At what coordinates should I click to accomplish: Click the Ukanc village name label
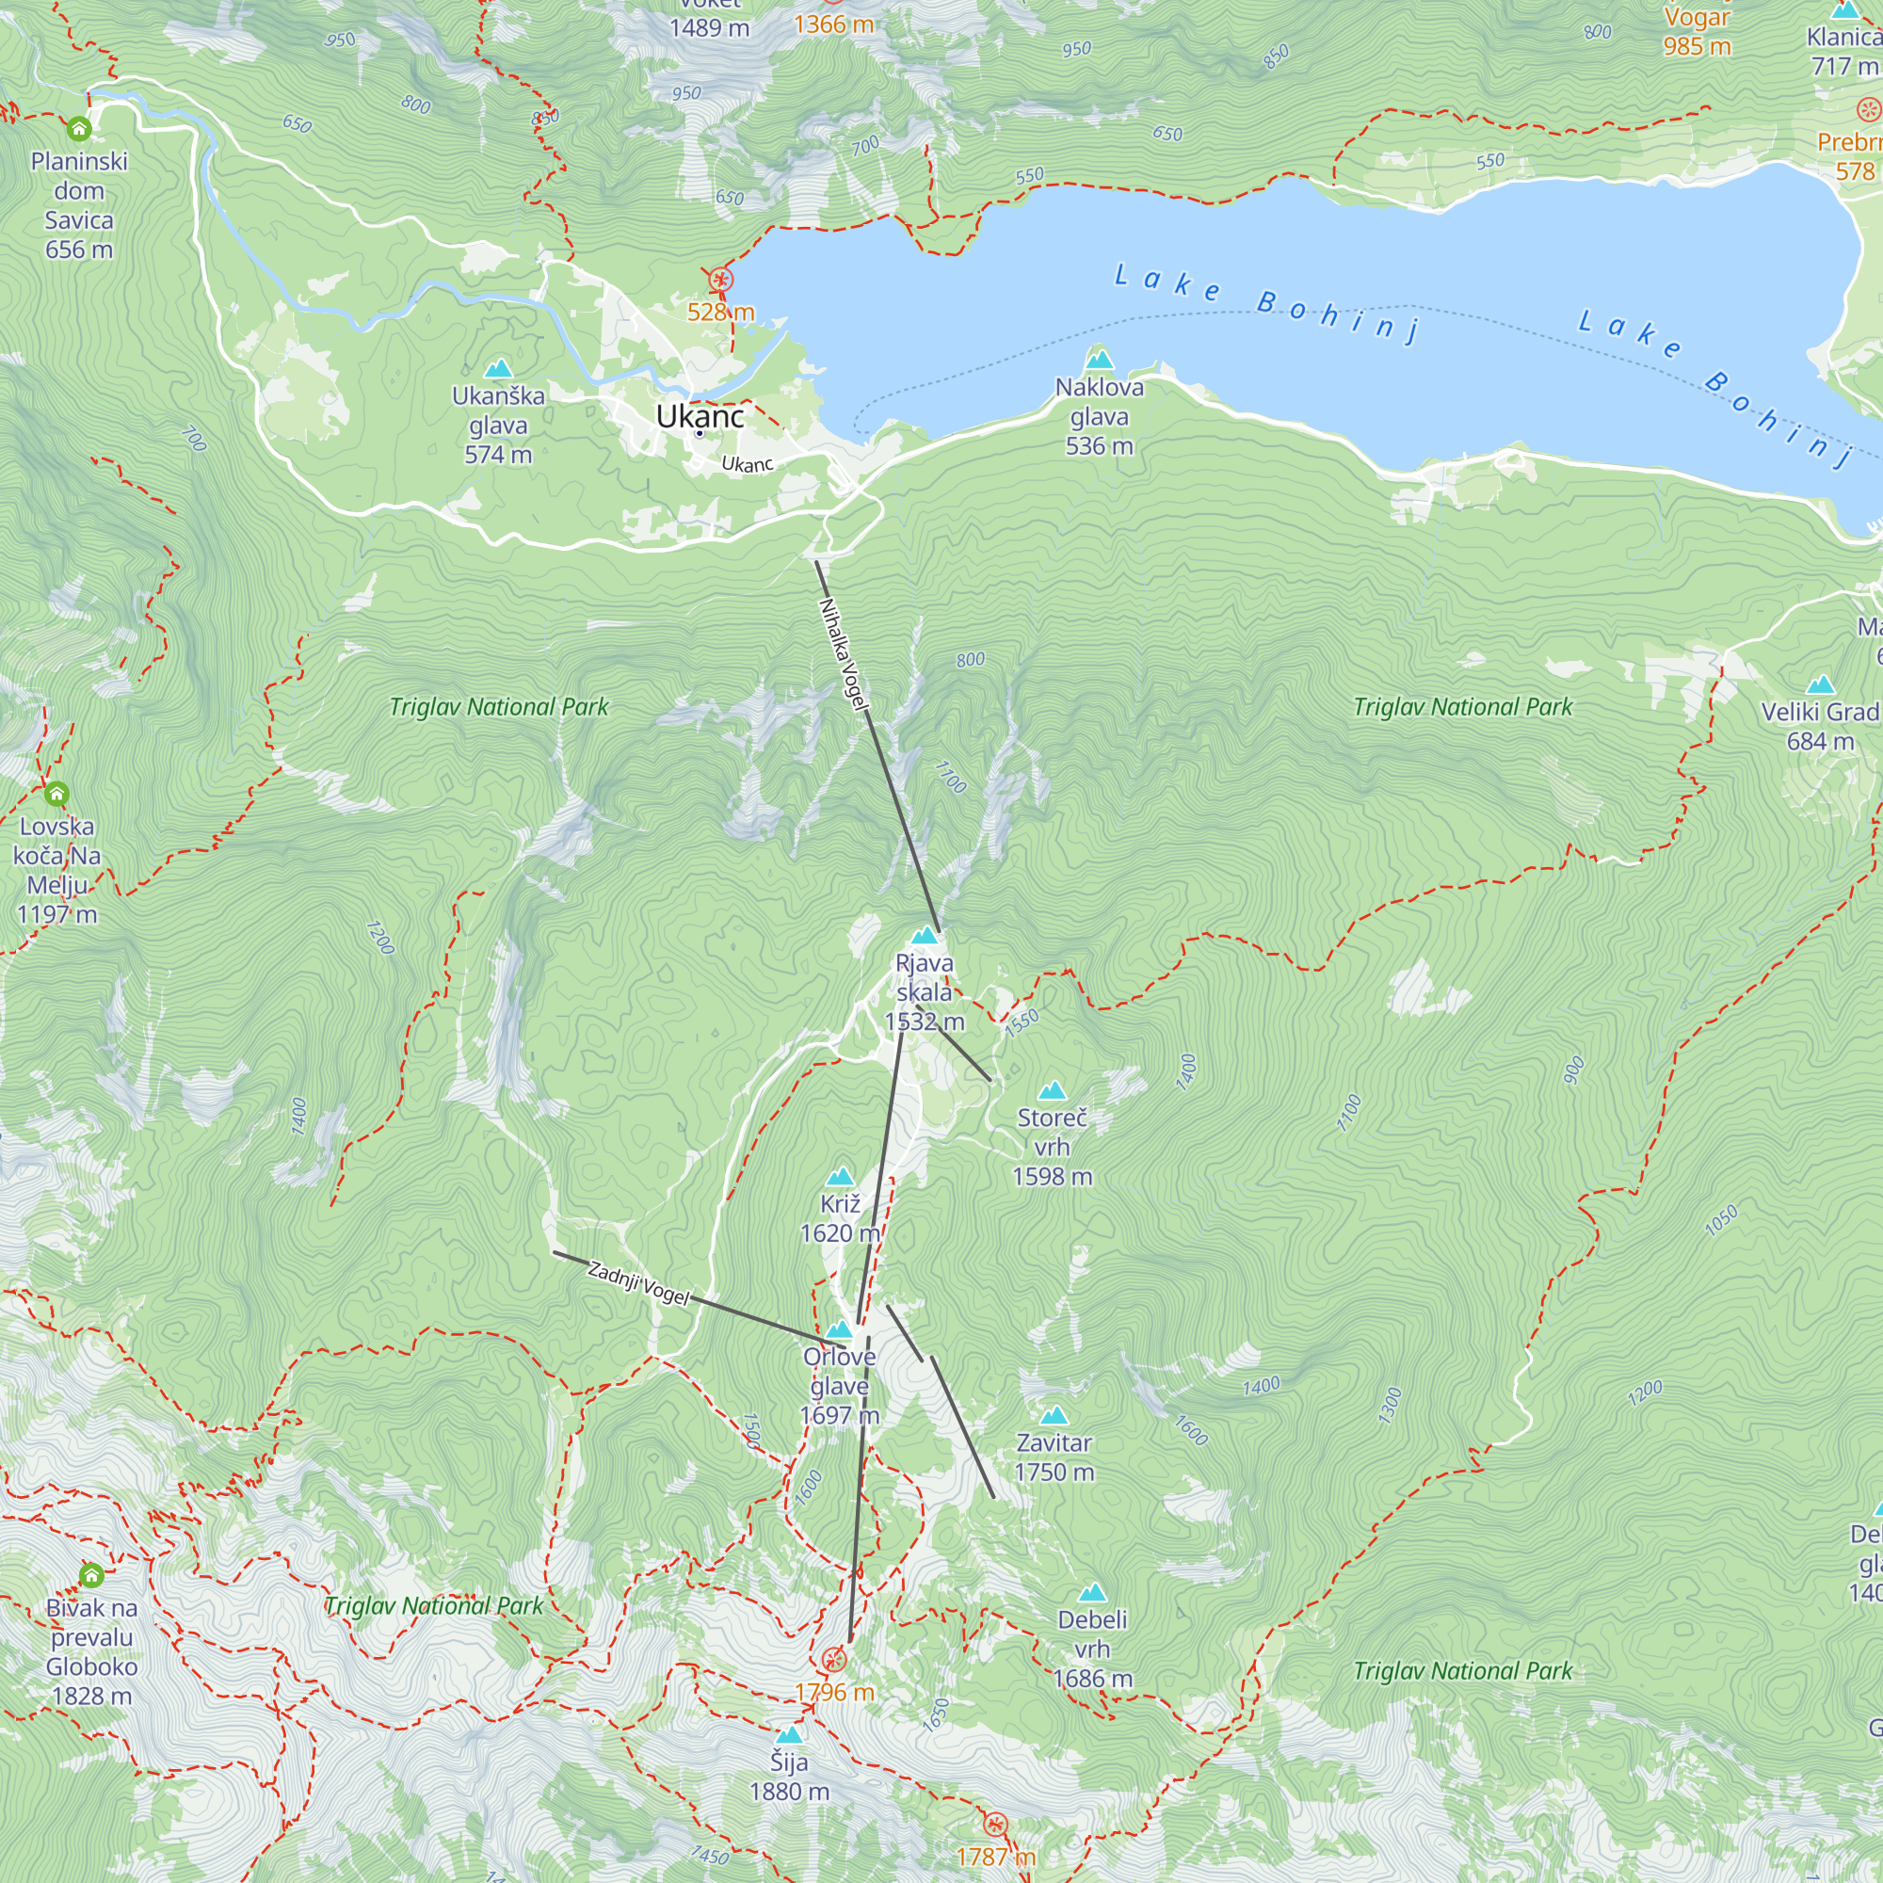tap(699, 416)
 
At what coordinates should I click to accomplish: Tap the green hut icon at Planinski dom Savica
tap(79, 129)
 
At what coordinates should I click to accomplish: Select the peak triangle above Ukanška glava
tap(498, 368)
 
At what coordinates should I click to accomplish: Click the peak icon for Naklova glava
tap(1099, 359)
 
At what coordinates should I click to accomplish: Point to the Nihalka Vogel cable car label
tap(843, 654)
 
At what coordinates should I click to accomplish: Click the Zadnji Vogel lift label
tap(638, 1283)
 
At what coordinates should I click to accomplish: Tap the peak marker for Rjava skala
tap(923, 936)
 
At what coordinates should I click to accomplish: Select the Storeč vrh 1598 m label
tap(1051, 1146)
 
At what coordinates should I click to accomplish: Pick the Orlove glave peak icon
tap(838, 1329)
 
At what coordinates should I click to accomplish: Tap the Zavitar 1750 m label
tap(1054, 1457)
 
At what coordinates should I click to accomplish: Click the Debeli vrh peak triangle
tap(1091, 1594)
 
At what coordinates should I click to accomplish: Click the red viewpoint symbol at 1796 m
tap(834, 1660)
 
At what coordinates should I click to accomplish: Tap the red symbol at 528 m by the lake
tap(720, 281)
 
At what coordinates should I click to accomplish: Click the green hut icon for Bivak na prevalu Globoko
tap(90, 1574)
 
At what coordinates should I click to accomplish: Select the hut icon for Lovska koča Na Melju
tap(56, 794)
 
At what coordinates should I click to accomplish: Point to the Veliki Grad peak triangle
tap(1820, 684)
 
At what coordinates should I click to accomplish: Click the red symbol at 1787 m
tap(995, 1824)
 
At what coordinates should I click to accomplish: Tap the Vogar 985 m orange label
tap(1697, 31)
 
